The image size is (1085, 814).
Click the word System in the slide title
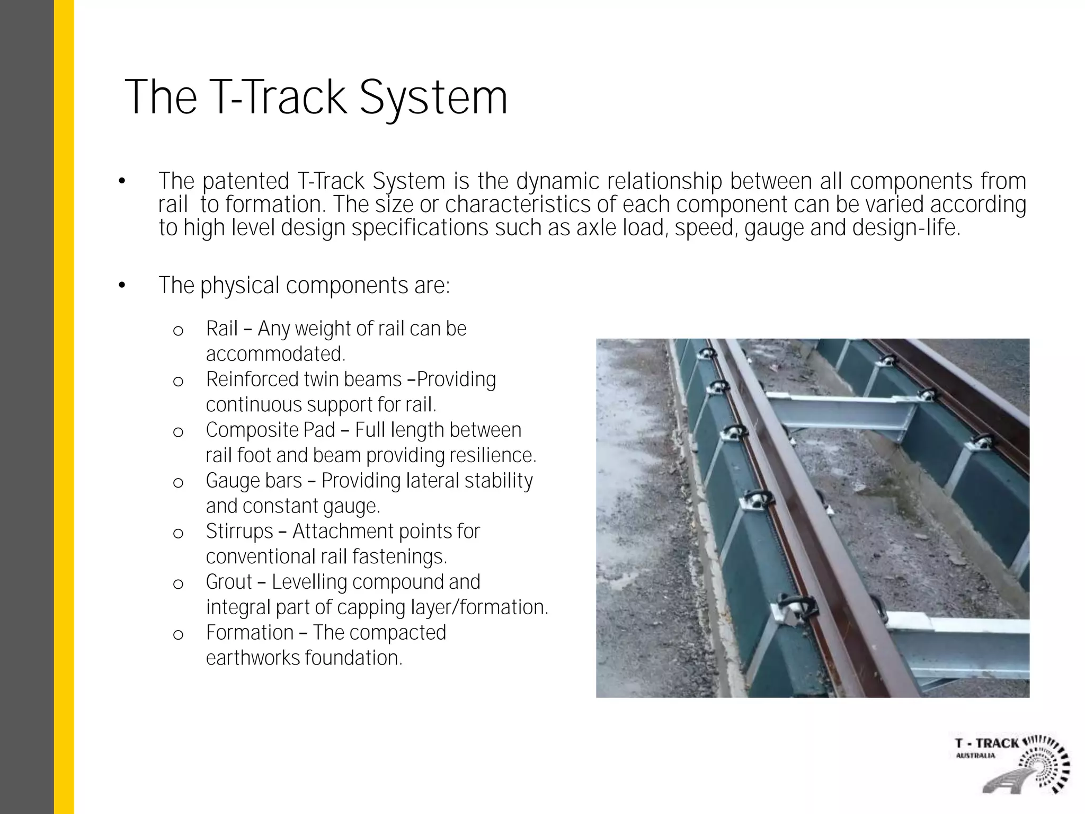click(x=433, y=98)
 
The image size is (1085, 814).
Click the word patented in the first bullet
click(x=246, y=182)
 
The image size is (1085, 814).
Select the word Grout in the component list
click(x=228, y=582)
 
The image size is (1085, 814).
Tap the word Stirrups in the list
click(x=239, y=532)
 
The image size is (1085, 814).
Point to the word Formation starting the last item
click(x=250, y=633)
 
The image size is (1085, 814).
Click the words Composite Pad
click(x=270, y=430)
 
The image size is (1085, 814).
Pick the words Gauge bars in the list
click(x=254, y=481)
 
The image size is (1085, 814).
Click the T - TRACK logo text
click(x=987, y=743)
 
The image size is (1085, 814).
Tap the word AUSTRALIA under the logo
click(x=975, y=756)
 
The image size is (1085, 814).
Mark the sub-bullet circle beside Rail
click(x=179, y=331)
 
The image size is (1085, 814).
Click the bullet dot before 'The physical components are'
click(x=122, y=286)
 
